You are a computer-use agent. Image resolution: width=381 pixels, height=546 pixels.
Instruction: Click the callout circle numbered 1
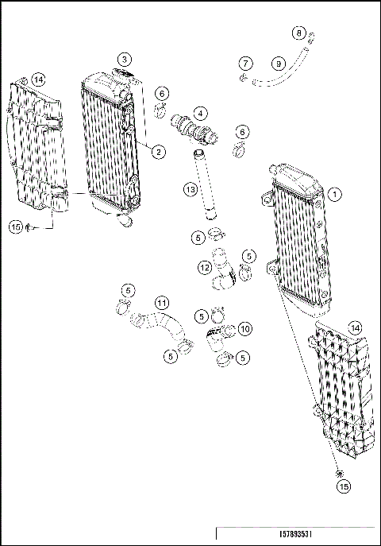point(335,193)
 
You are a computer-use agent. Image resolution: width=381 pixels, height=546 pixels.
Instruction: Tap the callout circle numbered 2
point(159,151)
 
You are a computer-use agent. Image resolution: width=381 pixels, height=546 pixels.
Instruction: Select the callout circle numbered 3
point(125,60)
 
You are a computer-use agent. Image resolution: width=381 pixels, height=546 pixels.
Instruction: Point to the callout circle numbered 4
point(201,113)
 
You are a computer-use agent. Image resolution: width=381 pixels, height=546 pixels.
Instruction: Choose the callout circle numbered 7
point(246,63)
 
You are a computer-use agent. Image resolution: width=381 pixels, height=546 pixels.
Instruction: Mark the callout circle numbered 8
point(298,33)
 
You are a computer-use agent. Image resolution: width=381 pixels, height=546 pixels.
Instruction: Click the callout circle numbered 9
point(277,63)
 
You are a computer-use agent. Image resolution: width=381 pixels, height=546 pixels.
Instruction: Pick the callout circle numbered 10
point(244,327)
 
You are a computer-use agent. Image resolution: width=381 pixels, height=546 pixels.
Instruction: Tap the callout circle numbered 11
point(161,303)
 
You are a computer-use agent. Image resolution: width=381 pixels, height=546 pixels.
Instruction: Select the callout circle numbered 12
point(205,269)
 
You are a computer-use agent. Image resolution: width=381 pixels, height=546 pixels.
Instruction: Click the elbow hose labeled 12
point(222,278)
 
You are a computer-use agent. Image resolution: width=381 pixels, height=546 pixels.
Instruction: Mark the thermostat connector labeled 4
point(194,128)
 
